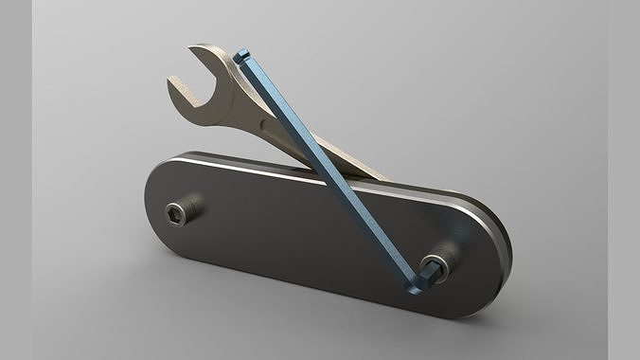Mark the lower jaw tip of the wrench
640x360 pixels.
[x=174, y=89]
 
